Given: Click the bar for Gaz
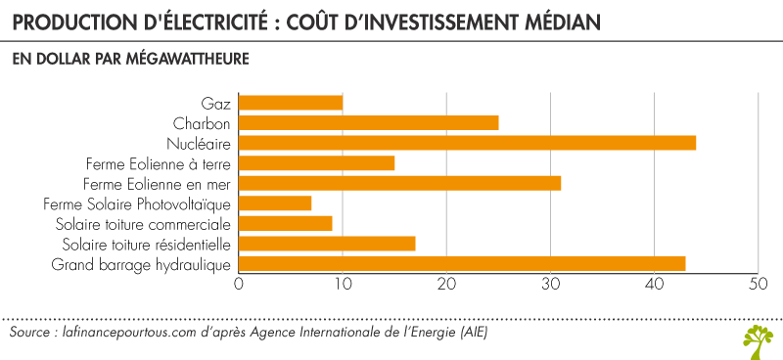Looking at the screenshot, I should (x=291, y=103).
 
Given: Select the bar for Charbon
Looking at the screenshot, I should (x=369, y=123).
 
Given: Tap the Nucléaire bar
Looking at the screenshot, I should (x=467, y=143).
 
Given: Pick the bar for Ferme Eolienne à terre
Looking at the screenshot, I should (x=316, y=163).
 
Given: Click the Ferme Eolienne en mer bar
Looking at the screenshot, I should (x=399, y=183).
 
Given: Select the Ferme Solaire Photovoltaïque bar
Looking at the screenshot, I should (x=275, y=203).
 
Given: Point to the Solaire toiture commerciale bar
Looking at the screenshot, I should (x=286, y=223).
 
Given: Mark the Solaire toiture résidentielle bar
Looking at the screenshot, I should (x=327, y=244).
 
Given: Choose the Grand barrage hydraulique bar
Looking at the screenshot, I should (x=462, y=263).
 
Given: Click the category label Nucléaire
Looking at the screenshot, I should (x=199, y=144).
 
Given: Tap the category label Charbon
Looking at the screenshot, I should (x=202, y=123).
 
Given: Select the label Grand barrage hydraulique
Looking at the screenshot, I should (x=141, y=264).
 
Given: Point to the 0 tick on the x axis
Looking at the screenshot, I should (x=239, y=285).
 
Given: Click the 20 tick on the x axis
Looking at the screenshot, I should (x=446, y=285).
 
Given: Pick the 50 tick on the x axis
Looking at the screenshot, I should (x=757, y=285).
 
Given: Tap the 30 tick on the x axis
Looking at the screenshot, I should (x=550, y=285).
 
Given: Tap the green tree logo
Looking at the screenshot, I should (x=757, y=339).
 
